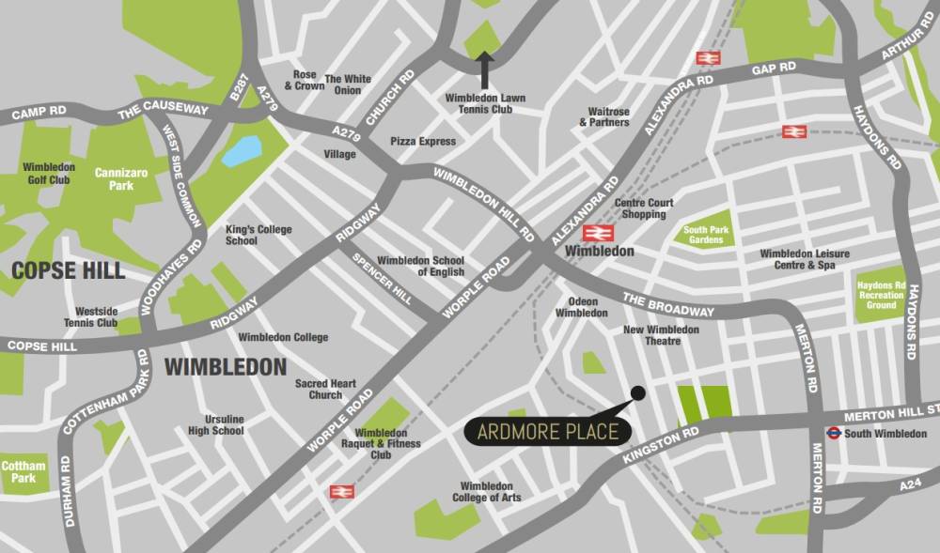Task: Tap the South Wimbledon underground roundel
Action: click(833, 433)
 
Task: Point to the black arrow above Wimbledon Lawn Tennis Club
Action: click(486, 69)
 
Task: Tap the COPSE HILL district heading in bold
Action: click(68, 270)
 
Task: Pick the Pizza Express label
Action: click(422, 142)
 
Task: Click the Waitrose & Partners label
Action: click(603, 116)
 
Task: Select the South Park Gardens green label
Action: click(709, 235)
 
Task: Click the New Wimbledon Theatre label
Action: click(661, 335)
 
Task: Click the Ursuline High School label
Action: click(215, 424)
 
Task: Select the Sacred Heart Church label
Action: click(325, 389)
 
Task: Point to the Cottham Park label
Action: click(23, 472)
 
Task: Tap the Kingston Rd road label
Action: click(660, 446)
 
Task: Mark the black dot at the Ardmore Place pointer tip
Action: click(638, 392)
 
